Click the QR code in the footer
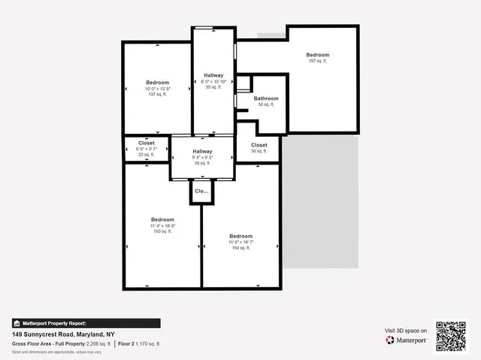pos(451,336)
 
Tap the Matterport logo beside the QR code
pos(407,340)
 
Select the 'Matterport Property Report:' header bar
pos(86,323)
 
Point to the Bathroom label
pos(266,98)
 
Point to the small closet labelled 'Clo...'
pos(201,191)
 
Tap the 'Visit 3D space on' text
pos(406,331)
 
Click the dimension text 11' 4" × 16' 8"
pos(162,225)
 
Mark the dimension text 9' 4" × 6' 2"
pos(202,157)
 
